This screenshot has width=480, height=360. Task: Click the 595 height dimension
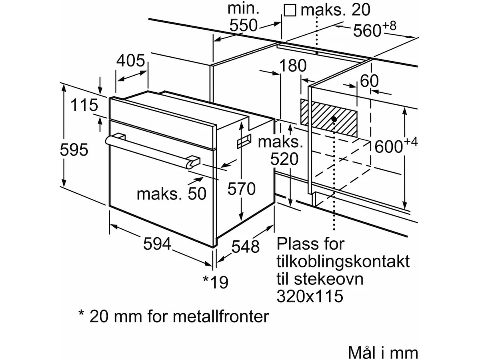pos(74,150)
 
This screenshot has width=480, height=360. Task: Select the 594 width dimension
pos(157,244)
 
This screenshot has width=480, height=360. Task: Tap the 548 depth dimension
pos(246,247)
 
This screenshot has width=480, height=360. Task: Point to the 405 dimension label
pos(130,61)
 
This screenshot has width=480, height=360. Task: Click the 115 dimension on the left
pos(84,106)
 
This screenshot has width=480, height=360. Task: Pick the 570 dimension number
pos(241,188)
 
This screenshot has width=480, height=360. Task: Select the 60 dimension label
pos(369,81)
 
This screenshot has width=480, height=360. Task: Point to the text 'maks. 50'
pos(171,194)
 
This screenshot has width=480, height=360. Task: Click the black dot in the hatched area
pos(333,119)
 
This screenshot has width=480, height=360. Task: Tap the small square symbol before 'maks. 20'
pos(290,10)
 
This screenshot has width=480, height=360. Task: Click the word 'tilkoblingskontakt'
pos(343,261)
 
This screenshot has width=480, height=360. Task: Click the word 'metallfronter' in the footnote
pos(220,316)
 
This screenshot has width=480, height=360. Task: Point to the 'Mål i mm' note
pos(383,352)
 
